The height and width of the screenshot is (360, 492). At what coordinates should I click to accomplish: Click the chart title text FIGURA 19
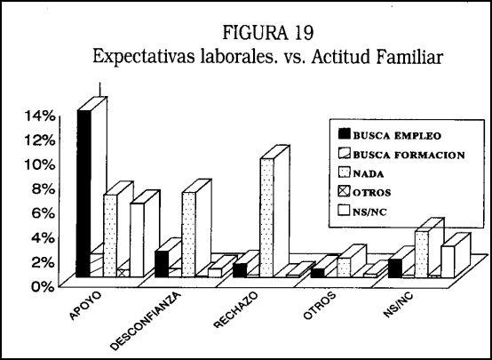tap(267, 32)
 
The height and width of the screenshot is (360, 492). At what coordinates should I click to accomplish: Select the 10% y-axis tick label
tap(41, 164)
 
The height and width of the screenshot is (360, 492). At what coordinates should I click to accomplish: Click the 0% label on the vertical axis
tap(44, 286)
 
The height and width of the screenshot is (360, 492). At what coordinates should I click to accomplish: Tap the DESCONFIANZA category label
tap(147, 321)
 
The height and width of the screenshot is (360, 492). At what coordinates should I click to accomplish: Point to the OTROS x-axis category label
tap(320, 306)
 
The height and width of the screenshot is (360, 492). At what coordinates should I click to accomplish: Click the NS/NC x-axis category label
tap(398, 305)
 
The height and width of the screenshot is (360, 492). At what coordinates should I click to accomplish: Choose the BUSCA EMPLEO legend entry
tap(390, 135)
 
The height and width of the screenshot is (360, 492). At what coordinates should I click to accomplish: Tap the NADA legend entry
tap(361, 173)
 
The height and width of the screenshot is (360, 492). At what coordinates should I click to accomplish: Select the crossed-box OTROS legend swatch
tap(344, 192)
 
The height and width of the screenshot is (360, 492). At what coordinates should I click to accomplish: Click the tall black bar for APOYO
tap(83, 194)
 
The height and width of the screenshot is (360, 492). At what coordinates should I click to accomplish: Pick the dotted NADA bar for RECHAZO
tap(267, 218)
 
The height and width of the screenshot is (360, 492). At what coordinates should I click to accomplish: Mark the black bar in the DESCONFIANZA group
tap(162, 264)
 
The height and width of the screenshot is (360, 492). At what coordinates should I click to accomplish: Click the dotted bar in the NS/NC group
tap(422, 254)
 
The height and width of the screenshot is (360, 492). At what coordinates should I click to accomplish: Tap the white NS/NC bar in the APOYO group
tap(137, 240)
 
